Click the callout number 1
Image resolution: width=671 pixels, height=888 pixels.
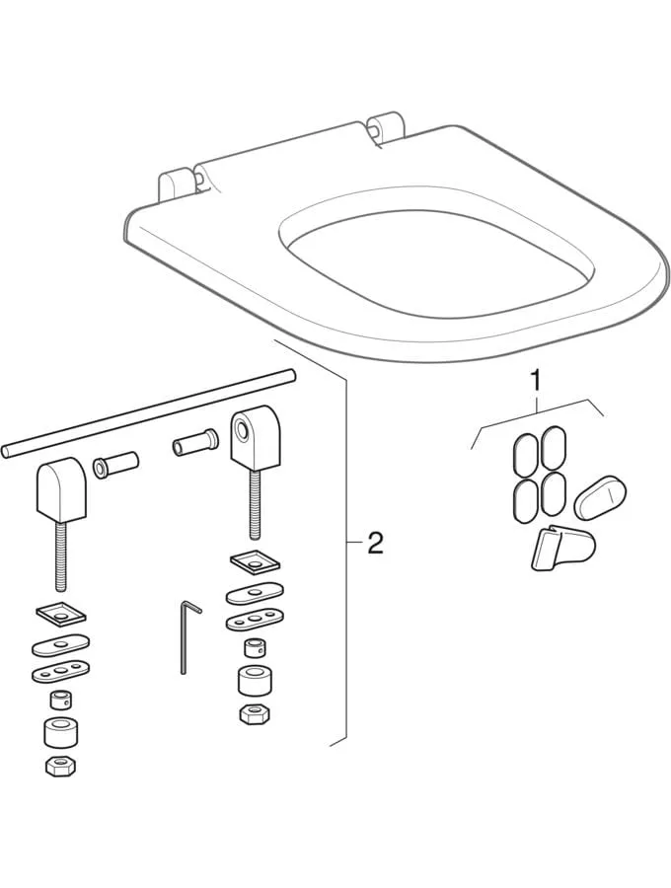tap(535, 378)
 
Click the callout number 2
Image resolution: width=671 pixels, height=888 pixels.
tap(374, 543)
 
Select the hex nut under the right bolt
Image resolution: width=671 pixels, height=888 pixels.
tap(253, 712)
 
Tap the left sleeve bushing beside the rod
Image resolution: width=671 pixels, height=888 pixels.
tap(115, 464)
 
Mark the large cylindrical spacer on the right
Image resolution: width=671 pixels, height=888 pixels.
tap(253, 680)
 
